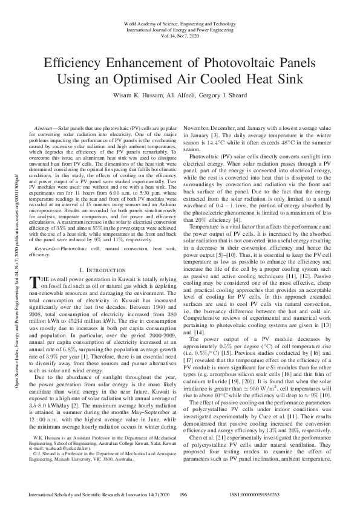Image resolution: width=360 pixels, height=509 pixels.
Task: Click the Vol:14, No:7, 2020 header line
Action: click(180, 36)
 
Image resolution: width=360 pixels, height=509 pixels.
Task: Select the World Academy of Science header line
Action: click(180, 23)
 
